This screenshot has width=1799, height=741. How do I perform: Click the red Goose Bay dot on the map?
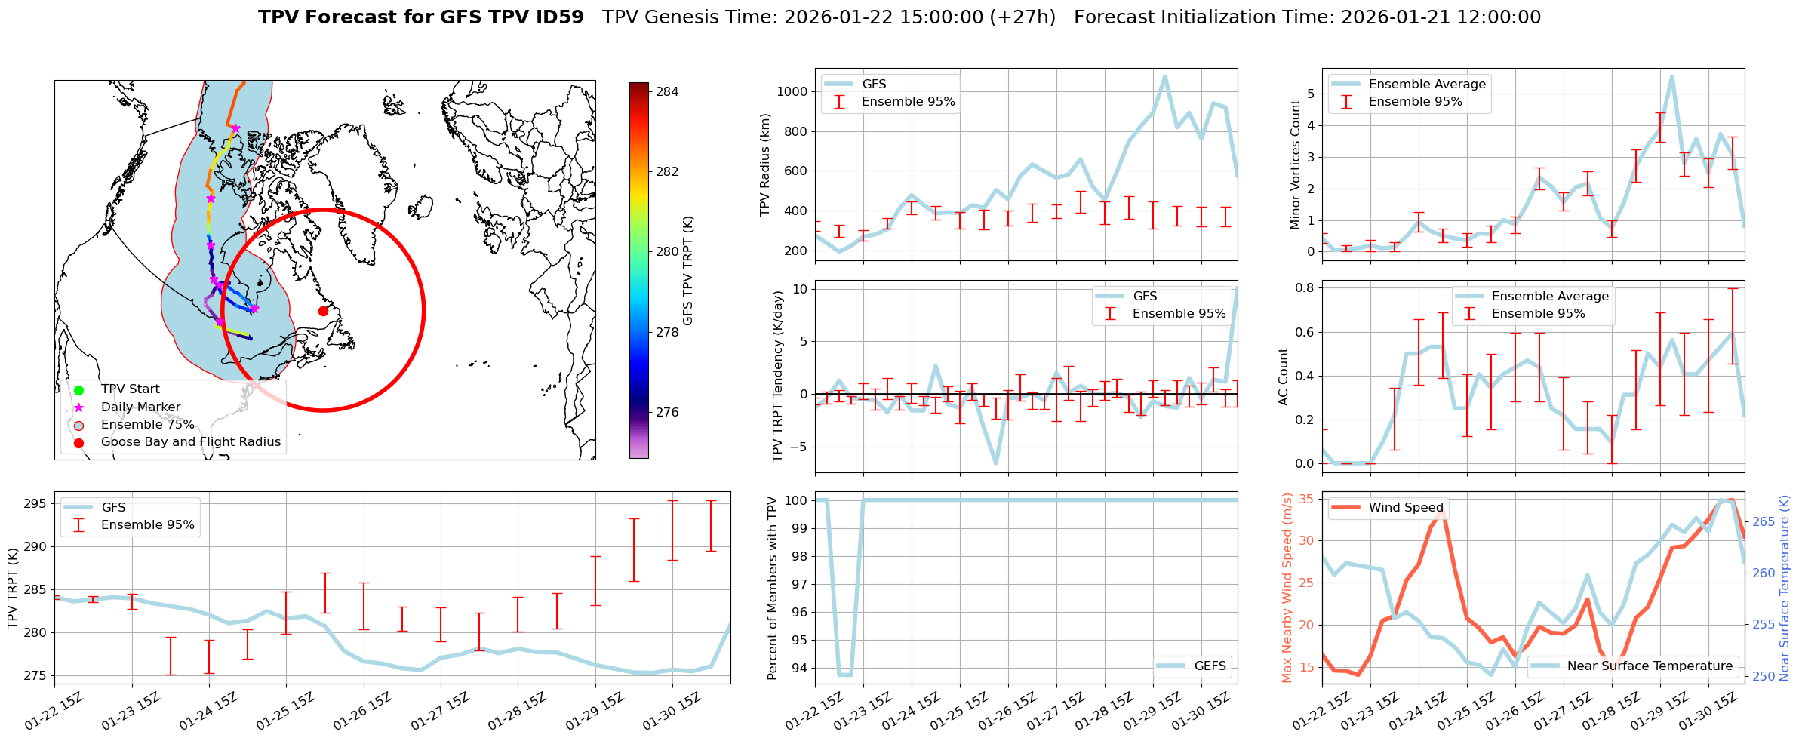(x=323, y=311)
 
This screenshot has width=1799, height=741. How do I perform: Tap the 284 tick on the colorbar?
(x=667, y=92)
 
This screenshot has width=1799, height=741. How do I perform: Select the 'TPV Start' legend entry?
(x=130, y=389)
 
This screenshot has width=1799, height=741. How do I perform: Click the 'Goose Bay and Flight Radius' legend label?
(x=190, y=442)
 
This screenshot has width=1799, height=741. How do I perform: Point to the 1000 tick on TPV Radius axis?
(x=792, y=92)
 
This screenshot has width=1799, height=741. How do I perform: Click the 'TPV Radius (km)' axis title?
(x=765, y=164)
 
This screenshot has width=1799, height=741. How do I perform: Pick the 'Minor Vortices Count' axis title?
(x=1296, y=164)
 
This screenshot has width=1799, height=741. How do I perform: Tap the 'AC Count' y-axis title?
(x=1284, y=377)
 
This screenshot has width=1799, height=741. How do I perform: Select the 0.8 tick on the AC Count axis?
(x=1305, y=288)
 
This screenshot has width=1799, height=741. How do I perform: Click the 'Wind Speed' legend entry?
(x=1405, y=508)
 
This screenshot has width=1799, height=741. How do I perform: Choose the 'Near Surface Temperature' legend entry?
(x=1650, y=666)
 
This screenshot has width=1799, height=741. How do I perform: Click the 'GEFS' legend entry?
(x=1210, y=666)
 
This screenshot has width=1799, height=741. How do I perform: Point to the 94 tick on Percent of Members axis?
(x=799, y=669)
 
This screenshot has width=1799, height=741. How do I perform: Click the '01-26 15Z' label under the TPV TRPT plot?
(x=361, y=712)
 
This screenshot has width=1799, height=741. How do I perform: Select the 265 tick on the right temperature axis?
(x=1764, y=522)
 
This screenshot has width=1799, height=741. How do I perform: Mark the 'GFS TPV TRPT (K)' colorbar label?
(x=687, y=271)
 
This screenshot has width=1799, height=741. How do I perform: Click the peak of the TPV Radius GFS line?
(x=1165, y=76)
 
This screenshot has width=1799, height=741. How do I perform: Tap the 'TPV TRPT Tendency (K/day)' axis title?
(x=778, y=377)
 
